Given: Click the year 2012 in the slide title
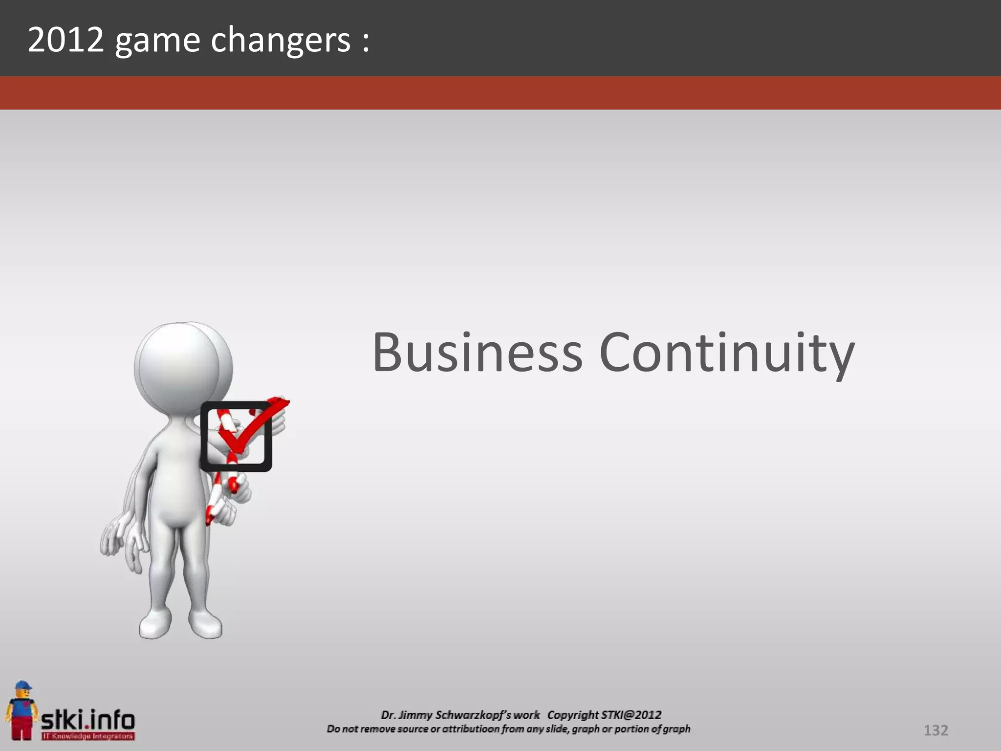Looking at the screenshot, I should coord(66,40).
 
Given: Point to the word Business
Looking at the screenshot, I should coord(478,352).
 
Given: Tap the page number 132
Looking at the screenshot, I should coord(936,730).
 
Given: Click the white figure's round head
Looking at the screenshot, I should coord(177,367).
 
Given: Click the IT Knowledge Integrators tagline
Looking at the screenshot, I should coord(88,736).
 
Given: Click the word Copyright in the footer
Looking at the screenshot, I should coord(572,715).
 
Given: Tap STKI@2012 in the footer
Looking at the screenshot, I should coord(631,715).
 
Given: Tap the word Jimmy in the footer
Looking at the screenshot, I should coord(415,715).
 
